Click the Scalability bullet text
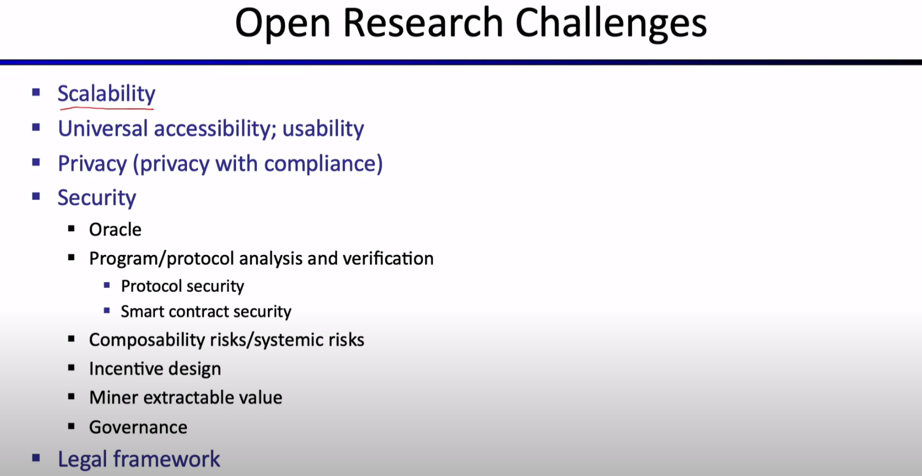(x=106, y=94)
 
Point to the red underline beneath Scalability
(x=107, y=108)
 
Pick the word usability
(x=323, y=129)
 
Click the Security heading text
(x=97, y=198)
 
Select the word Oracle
(x=115, y=230)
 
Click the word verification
(x=388, y=259)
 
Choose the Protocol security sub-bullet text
(x=183, y=286)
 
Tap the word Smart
(x=142, y=312)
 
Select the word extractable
(x=181, y=398)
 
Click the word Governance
(x=138, y=427)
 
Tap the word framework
(x=167, y=459)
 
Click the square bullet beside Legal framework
(x=36, y=458)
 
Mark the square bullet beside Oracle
(x=71, y=228)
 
